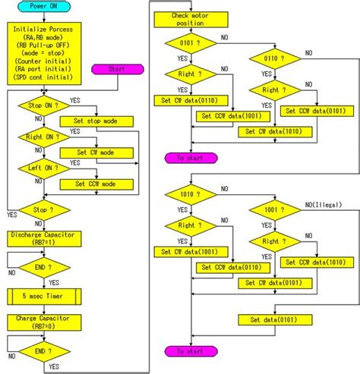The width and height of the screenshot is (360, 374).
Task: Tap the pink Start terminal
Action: click(115, 69)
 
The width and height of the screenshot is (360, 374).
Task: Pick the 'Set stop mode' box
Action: click(100, 121)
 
